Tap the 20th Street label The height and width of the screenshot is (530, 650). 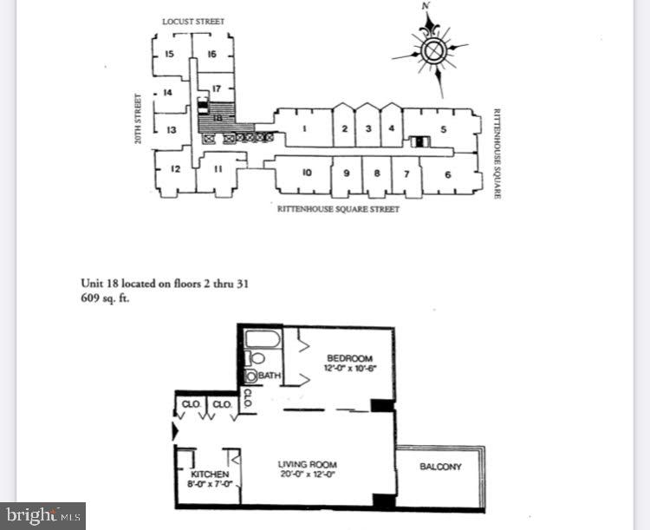(x=138, y=118)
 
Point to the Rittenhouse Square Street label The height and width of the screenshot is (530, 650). (x=338, y=209)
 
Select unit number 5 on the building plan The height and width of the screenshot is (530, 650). (x=443, y=130)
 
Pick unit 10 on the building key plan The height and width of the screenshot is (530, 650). (x=307, y=173)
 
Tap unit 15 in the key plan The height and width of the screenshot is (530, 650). (x=169, y=54)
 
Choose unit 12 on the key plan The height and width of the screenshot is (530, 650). (x=174, y=169)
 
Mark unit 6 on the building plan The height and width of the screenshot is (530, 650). (x=448, y=174)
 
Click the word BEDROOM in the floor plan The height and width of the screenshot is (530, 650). (x=349, y=358)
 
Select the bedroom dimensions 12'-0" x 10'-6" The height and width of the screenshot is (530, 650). (x=349, y=369)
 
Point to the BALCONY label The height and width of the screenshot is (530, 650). (x=440, y=467)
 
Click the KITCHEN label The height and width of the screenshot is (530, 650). (x=210, y=474)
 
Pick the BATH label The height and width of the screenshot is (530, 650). (x=269, y=376)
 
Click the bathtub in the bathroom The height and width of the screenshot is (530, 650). (x=263, y=338)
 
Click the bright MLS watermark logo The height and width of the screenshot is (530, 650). (x=42, y=516)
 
